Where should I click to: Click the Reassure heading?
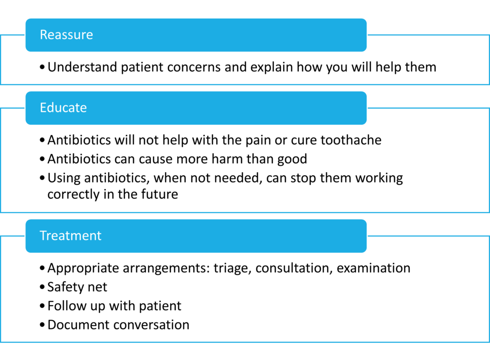(66, 34)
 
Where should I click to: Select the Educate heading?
(63, 107)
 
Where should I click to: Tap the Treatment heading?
(70, 236)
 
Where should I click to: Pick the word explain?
(271, 67)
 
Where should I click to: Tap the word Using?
(64, 178)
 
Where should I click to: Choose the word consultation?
(294, 268)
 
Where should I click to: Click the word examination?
(373, 268)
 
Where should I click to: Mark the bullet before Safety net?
(43, 287)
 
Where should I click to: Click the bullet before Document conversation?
(43, 325)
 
